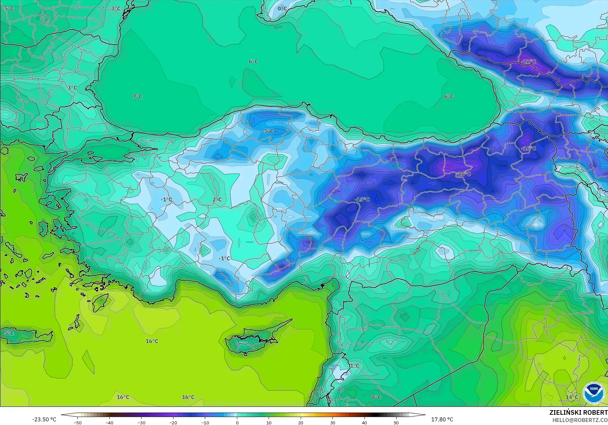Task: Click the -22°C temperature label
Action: (x=528, y=61)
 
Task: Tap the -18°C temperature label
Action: (x=464, y=174)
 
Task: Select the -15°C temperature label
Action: (x=362, y=199)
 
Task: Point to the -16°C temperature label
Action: (x=528, y=148)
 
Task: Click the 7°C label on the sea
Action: (x=137, y=96)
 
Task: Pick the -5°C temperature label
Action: (x=268, y=131)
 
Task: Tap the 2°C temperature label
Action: (x=217, y=199)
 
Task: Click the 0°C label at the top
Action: (x=282, y=8)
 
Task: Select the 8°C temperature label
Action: (x=376, y=397)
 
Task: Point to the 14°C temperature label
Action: (x=572, y=397)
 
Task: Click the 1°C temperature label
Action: (x=355, y=366)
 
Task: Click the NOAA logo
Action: (x=593, y=393)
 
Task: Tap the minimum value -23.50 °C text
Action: (x=44, y=419)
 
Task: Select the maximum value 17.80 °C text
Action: (x=442, y=419)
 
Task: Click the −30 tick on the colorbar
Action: (x=141, y=422)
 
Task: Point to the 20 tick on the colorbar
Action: (x=300, y=422)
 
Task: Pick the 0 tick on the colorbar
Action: (x=237, y=422)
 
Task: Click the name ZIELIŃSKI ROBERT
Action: (x=578, y=412)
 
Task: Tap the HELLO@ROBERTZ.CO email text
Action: (x=580, y=420)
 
